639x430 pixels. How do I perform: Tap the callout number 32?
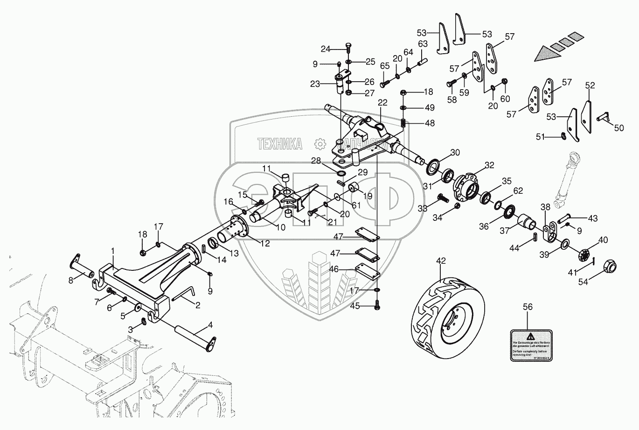489,165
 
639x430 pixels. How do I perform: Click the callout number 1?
112,251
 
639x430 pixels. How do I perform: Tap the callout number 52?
590,85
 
